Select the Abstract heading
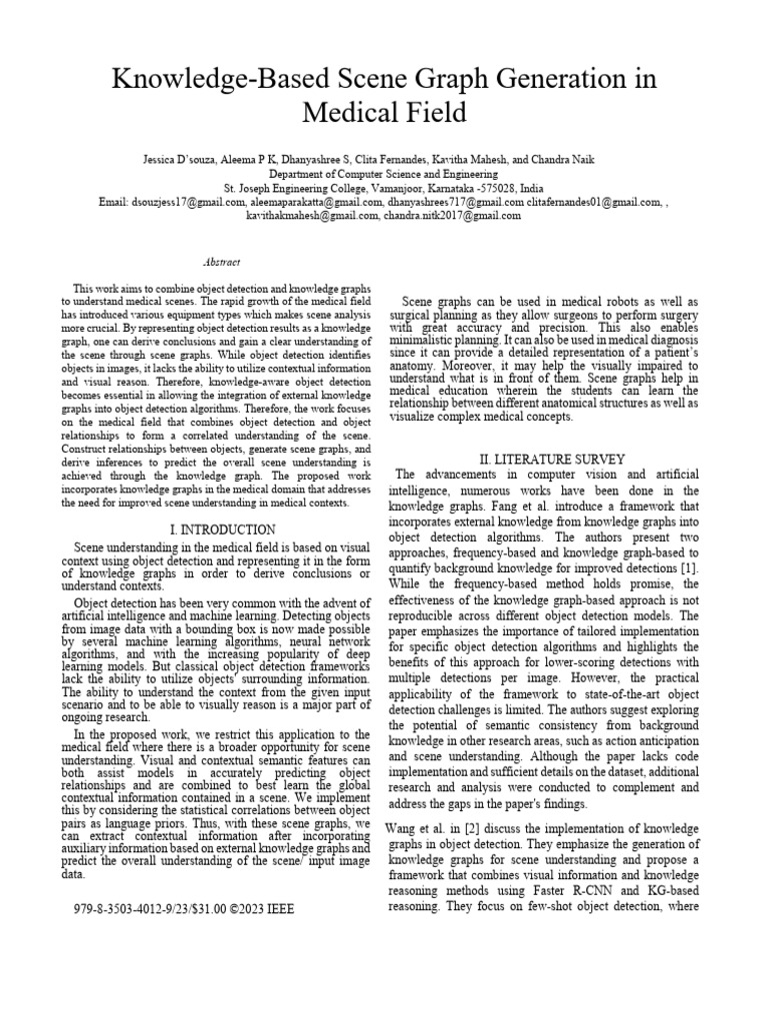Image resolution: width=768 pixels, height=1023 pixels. click(x=221, y=262)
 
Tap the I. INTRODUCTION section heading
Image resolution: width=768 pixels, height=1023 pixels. click(x=222, y=529)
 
